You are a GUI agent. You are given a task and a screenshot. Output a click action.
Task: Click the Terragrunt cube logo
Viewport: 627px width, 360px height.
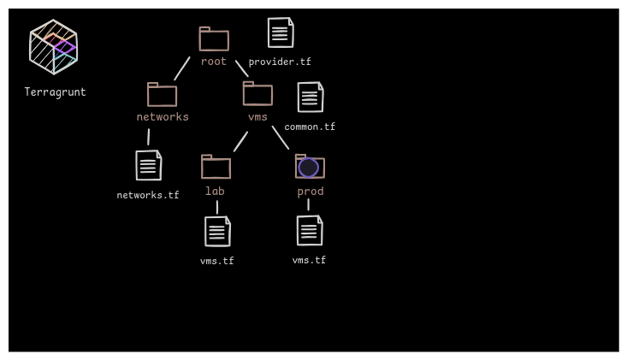[x=53, y=47]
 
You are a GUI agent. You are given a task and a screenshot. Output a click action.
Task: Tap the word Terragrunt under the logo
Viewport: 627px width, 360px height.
[x=55, y=92]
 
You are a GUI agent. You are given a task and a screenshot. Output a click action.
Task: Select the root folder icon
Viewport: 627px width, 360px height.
[x=214, y=39]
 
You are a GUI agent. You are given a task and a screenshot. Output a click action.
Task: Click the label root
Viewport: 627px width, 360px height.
[x=214, y=62]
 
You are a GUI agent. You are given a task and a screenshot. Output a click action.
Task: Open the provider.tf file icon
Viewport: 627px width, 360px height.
[x=281, y=32]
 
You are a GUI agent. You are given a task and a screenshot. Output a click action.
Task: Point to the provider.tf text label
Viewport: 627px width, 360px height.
[x=280, y=62]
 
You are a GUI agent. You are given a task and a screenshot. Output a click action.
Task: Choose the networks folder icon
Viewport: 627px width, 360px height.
[x=162, y=95]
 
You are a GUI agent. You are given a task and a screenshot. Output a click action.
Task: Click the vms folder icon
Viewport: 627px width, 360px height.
[x=257, y=94]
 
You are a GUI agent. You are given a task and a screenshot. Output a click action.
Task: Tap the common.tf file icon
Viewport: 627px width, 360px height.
[x=311, y=97]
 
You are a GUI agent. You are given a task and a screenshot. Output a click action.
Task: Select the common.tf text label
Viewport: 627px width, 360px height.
[x=310, y=127]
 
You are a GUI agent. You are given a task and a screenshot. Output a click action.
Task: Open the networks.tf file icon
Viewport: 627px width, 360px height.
[x=149, y=166]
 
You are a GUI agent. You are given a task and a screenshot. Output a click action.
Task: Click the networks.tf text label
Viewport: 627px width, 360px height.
[x=148, y=196]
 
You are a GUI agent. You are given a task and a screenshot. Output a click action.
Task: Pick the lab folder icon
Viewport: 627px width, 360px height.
[x=216, y=167]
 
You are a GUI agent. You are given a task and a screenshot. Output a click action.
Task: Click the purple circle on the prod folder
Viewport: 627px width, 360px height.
[x=309, y=168]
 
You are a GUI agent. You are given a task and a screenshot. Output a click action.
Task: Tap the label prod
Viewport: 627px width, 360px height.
[x=311, y=192]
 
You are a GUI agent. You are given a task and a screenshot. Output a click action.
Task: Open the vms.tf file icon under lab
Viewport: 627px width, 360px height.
[x=217, y=232]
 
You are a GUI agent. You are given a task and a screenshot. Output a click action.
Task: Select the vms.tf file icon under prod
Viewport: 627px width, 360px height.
[x=310, y=231]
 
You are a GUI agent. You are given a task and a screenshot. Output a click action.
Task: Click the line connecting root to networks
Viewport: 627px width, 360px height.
[x=182, y=68]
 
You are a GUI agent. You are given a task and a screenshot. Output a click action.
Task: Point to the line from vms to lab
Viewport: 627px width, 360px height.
[x=240, y=142]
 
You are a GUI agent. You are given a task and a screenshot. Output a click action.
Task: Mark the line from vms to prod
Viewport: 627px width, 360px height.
[x=281, y=138]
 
